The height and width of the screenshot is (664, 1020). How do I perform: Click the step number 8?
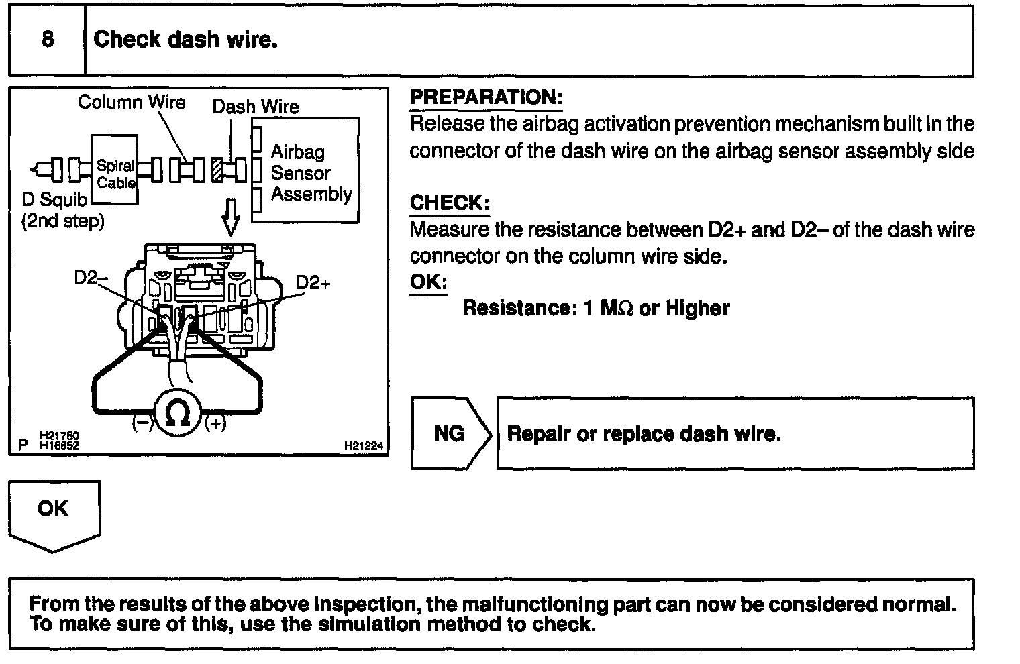47,39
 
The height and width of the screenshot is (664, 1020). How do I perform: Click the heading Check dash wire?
185,40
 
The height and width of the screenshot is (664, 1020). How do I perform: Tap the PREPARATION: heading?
485,97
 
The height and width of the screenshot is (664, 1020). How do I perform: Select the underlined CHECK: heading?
450,203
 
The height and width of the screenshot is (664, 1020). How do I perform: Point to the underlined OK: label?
428,281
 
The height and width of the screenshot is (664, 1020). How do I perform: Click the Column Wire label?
132,103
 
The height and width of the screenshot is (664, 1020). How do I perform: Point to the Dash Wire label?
256,107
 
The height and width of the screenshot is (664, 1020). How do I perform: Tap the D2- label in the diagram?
86,278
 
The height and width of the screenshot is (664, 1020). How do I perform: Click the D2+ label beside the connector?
313,282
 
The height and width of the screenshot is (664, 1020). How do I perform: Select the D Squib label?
54,199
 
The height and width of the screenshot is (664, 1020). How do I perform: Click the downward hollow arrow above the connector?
230,217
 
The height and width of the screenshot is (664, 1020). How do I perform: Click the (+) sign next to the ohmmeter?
215,423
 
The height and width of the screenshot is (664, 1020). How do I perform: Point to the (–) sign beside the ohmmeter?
142,423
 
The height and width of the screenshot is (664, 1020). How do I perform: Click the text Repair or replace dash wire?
644,434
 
